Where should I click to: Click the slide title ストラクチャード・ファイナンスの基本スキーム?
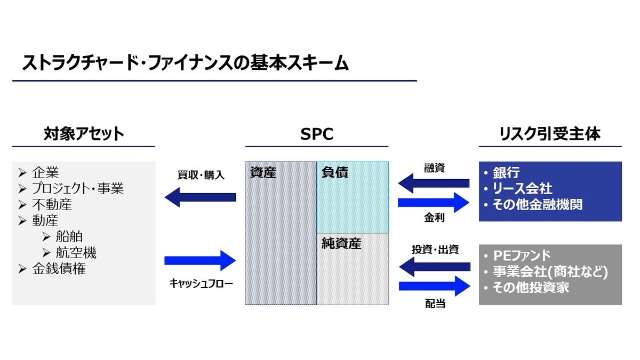click(x=186, y=63)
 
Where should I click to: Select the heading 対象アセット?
click(x=84, y=133)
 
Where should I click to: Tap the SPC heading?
click(x=317, y=133)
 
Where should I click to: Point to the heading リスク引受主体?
click(x=550, y=133)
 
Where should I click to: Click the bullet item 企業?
click(x=45, y=173)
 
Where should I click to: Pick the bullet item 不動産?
click(x=52, y=205)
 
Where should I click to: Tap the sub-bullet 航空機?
click(x=76, y=253)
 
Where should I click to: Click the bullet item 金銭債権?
click(x=59, y=269)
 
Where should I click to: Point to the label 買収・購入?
click(x=201, y=175)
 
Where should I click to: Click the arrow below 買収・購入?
click(x=200, y=197)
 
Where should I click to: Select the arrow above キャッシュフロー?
click(x=200, y=261)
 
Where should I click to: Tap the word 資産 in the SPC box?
click(x=263, y=173)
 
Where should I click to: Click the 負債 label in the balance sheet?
click(x=335, y=173)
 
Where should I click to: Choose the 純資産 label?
click(x=342, y=244)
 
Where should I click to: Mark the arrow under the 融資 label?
click(x=434, y=183)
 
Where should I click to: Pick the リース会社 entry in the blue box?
click(x=522, y=189)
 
